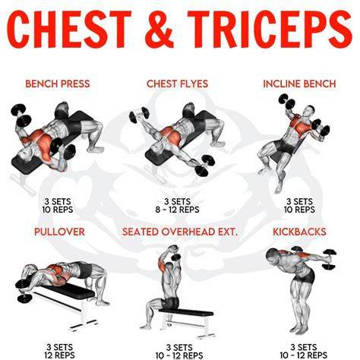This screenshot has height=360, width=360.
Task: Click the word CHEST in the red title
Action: pos(69,29)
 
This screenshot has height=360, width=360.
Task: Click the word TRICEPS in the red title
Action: pos(270,29)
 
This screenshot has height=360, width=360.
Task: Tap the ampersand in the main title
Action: pos(159,29)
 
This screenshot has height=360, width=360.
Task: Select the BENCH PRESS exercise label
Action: pos(58,84)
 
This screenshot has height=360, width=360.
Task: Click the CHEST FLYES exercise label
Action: pos(177,84)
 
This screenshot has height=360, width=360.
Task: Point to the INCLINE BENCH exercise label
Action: pos(299,84)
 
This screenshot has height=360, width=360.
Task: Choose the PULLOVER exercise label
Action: pos(59,232)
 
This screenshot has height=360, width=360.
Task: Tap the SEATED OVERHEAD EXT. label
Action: pos(180,232)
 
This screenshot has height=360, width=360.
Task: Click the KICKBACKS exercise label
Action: pos(299,232)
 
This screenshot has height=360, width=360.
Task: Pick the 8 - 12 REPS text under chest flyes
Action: pos(177,210)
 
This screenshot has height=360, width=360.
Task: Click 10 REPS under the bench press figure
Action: pos(58,210)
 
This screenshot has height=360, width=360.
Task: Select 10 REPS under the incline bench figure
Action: pos(299,210)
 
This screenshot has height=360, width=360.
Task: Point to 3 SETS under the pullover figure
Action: pos(59,347)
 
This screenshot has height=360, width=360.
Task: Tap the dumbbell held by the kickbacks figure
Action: pos(330,259)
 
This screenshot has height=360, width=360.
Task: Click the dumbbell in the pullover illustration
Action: pos(24,291)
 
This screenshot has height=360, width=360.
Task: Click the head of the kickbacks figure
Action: pos(273,255)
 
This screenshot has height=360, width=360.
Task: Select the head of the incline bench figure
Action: pos(309,111)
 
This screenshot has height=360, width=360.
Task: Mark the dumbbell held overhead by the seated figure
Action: pos(175,253)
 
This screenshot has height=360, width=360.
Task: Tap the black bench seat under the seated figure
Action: pos(186,312)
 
